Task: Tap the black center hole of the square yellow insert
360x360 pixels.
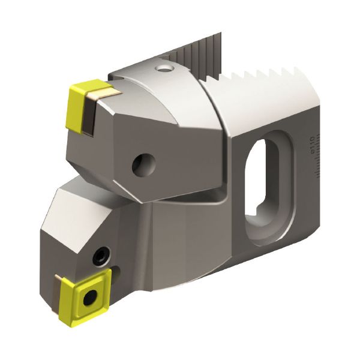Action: pyautogui.click(x=91, y=296)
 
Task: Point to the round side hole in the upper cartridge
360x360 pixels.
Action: pyautogui.click(x=144, y=163)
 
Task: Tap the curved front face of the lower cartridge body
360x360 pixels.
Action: pyautogui.click(x=180, y=240)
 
